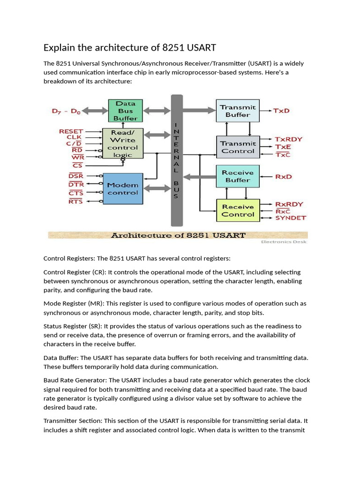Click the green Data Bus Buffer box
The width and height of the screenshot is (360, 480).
click(x=125, y=111)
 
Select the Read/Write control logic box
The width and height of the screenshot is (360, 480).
click(x=122, y=143)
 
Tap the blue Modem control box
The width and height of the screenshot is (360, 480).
click(x=122, y=188)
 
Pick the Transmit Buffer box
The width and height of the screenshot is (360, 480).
click(x=238, y=111)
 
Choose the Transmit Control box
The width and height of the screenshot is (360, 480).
click(x=238, y=147)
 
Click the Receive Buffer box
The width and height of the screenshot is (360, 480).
click(x=238, y=176)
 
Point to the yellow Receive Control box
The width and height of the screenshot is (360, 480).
click(x=238, y=210)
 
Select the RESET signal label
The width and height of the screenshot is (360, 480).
click(x=71, y=132)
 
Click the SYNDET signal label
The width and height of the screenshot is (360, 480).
click(x=290, y=218)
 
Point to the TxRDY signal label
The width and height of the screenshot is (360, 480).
click(x=289, y=139)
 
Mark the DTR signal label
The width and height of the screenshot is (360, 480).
click(x=76, y=184)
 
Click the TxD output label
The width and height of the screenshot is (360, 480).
click(x=282, y=111)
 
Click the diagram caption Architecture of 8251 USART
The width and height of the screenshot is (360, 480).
click(x=178, y=235)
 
